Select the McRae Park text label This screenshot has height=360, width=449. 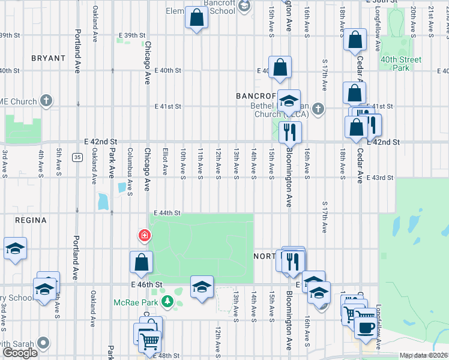(136, 302)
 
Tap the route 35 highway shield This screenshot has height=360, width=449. (77, 157)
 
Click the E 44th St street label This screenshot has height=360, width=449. (167, 213)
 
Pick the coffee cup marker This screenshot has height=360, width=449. (366, 327)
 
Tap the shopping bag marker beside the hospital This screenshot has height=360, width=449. (141, 262)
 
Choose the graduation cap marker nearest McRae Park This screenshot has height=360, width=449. (202, 286)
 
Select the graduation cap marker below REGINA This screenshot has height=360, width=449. (15, 249)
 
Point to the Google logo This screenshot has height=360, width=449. (20, 353)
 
